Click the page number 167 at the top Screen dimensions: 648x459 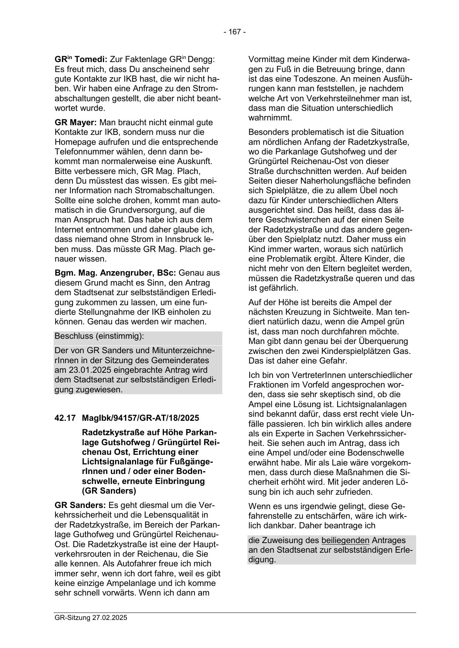[x=234, y=32]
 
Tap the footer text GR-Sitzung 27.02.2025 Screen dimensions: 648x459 [x=91, y=617]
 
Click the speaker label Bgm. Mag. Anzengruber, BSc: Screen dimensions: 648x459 [x=116, y=273]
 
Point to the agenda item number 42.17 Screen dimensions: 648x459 [x=65, y=418]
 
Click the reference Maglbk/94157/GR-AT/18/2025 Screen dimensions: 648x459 [x=140, y=418]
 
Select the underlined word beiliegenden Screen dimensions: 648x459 [x=345, y=540]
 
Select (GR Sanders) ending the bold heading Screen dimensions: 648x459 [x=109, y=491]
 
